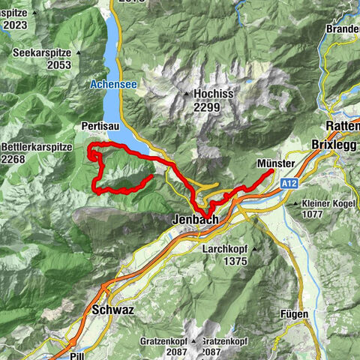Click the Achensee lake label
point(112,85)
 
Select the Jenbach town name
point(194,220)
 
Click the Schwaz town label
point(112,309)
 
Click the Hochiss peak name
point(214,94)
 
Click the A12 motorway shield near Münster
point(290,183)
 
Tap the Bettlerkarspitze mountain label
point(37,147)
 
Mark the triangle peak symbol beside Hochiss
point(186,94)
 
